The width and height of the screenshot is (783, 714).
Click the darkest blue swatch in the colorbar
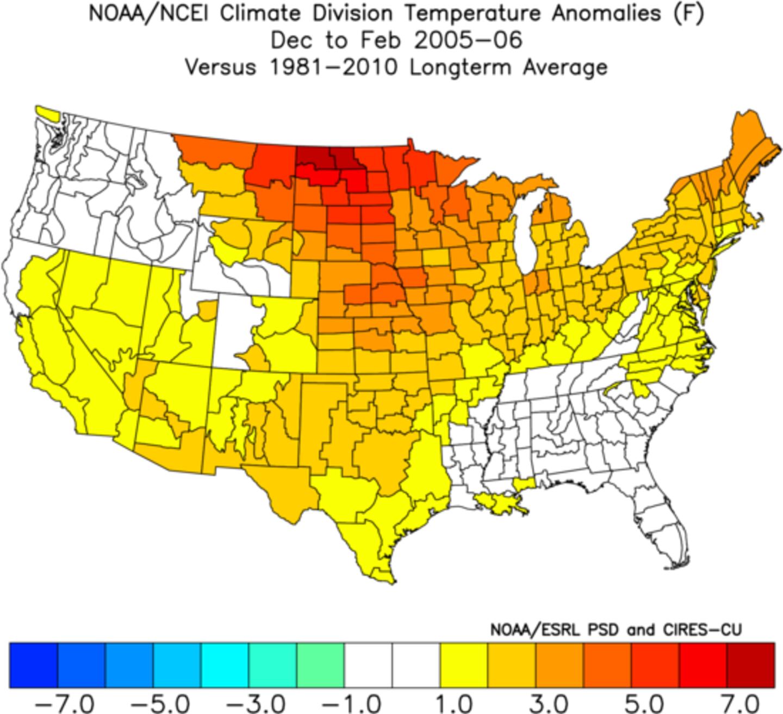[34, 666]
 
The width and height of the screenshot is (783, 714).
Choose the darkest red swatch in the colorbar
[750, 666]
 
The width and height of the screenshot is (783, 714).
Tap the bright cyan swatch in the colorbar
[225, 666]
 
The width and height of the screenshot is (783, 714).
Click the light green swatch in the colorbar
[320, 666]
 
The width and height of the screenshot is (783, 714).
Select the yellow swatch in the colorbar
[464, 666]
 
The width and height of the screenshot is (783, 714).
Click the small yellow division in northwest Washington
[47, 113]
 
